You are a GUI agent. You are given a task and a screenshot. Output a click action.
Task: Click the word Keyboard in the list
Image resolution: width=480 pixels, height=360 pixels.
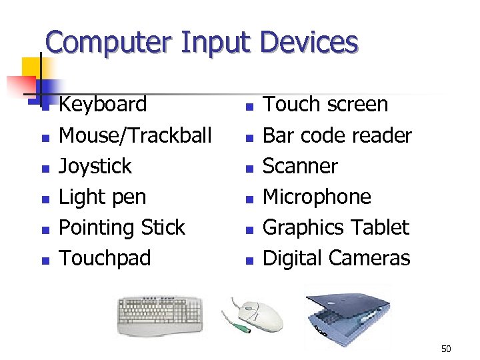[103, 105]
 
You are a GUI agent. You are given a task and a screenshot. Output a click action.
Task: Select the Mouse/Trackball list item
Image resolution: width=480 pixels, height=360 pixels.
[135, 135]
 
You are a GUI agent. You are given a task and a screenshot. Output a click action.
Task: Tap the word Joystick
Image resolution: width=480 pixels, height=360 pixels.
[95, 166]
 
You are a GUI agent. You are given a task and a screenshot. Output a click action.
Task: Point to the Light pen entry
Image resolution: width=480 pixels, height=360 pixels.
[102, 197]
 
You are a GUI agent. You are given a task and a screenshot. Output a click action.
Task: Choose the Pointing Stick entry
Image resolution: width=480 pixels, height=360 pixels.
[121, 227]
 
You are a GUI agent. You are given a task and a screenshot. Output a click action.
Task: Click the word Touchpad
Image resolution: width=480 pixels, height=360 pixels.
[105, 258]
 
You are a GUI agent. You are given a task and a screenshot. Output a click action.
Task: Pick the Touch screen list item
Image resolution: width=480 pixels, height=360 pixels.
[325, 105]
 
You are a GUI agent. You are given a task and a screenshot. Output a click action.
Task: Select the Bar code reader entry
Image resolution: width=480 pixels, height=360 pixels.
[337, 135]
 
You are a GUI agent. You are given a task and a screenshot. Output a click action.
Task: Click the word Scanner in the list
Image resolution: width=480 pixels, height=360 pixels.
[300, 166]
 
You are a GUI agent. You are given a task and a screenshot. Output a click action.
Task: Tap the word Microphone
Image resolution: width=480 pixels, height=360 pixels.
[317, 197]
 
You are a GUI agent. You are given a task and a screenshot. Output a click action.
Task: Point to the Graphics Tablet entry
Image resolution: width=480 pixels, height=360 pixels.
[335, 227]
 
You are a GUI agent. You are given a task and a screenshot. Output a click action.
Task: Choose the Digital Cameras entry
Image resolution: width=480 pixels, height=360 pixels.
[336, 258]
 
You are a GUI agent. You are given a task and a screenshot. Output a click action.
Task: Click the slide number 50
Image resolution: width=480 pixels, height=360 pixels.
[446, 349]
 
